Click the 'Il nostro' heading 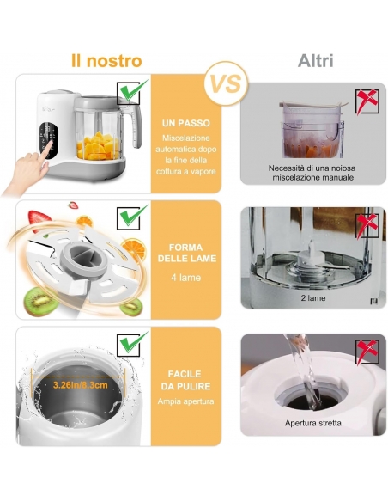click(106, 61)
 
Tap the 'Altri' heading click(315, 61)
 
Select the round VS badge click(227, 83)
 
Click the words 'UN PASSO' click(186, 123)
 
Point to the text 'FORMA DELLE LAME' click(186, 253)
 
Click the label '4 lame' click(186, 278)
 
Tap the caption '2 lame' click(313, 298)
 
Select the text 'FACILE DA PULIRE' click(185, 380)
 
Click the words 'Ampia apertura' click(185, 401)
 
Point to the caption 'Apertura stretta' click(313, 423)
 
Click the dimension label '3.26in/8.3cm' click(80, 384)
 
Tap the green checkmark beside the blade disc click(131, 217)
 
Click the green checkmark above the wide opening click(131, 343)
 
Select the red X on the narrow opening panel click(367, 352)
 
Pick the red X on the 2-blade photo click(367, 226)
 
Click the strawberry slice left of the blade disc click(39, 220)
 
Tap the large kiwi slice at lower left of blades click(40, 302)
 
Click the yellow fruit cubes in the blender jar click(99, 146)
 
